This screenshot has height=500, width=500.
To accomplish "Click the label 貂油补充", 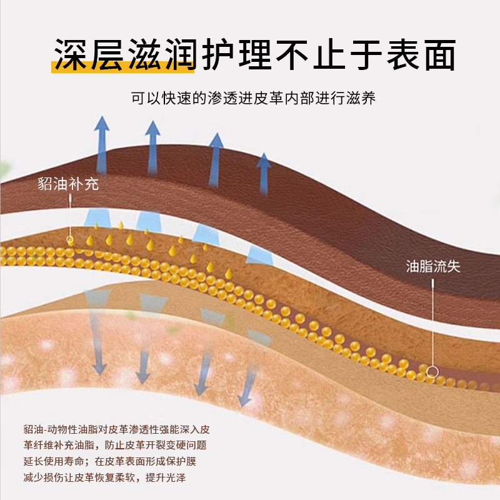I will tap(68, 184).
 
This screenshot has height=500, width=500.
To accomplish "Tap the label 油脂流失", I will tap(433, 267).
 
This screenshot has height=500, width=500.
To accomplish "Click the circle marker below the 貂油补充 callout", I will tap(70, 239).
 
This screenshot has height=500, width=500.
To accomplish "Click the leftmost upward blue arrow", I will tap(101, 137).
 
